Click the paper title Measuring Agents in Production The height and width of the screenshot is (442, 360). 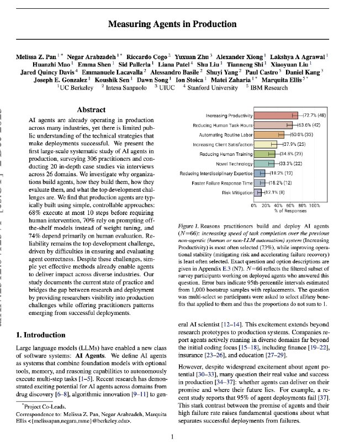pos(179,24)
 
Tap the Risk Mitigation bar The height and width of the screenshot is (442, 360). pos(257,192)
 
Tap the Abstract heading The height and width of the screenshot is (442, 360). pos(91,110)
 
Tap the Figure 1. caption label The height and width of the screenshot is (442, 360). pos(192,227)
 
